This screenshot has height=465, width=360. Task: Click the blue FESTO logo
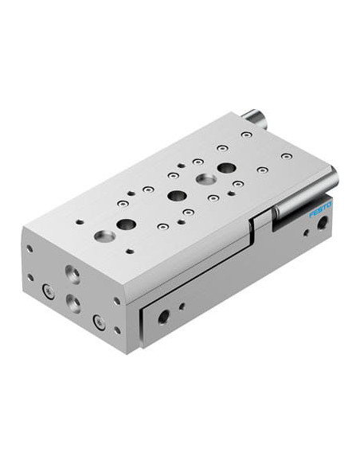[320, 209]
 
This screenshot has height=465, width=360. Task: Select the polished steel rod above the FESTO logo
[306, 193]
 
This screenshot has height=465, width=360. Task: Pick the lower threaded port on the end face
[73, 303]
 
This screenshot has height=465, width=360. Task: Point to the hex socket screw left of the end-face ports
[49, 291]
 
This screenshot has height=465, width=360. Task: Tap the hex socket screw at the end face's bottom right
[100, 322]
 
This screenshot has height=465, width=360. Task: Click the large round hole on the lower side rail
[163, 317]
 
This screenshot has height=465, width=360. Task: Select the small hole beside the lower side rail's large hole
[182, 307]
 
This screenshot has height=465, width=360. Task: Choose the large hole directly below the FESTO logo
[322, 223]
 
